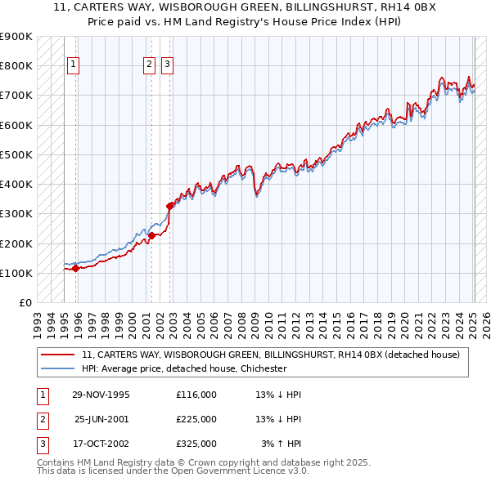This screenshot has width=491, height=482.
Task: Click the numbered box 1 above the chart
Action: point(74,66)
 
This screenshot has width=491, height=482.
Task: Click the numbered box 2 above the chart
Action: point(149,66)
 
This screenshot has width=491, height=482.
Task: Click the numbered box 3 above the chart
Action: point(167,66)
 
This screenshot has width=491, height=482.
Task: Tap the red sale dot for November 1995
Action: point(75,268)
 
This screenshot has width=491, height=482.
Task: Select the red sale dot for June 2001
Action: point(151,236)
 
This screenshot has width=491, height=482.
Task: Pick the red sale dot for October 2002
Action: point(170,207)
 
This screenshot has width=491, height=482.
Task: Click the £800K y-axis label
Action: point(16,65)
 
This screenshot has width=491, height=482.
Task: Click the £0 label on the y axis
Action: point(24,302)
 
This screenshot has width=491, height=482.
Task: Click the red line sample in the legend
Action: point(57,355)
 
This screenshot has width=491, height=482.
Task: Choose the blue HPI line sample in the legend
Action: point(57,368)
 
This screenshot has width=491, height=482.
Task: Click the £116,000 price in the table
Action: point(196,395)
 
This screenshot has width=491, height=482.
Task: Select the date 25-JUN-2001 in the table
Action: point(101,419)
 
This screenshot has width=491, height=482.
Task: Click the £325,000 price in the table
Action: point(196,444)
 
